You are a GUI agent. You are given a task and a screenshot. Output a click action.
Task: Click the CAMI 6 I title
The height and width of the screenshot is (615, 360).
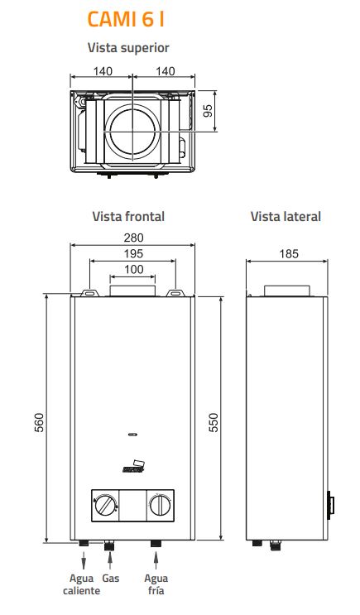[126, 19]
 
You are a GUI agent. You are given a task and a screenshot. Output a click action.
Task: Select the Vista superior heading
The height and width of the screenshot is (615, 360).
[128, 48]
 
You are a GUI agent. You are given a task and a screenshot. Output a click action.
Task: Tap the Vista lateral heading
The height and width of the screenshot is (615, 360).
[286, 216]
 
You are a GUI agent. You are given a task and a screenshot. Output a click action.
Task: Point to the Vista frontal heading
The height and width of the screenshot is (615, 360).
[128, 216]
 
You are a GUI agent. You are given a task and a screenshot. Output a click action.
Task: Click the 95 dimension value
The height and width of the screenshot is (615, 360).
[208, 111]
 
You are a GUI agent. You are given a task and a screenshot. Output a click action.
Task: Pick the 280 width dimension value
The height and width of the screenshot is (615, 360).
[134, 238]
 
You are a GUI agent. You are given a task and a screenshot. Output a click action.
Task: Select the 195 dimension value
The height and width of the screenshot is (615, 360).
[133, 253]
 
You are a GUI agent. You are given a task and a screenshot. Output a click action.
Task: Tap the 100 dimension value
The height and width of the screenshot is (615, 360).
[134, 269]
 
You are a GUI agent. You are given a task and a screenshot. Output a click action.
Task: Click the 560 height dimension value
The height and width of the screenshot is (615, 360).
[40, 422]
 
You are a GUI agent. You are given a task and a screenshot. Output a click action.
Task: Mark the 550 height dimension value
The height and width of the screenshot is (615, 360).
[213, 422]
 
